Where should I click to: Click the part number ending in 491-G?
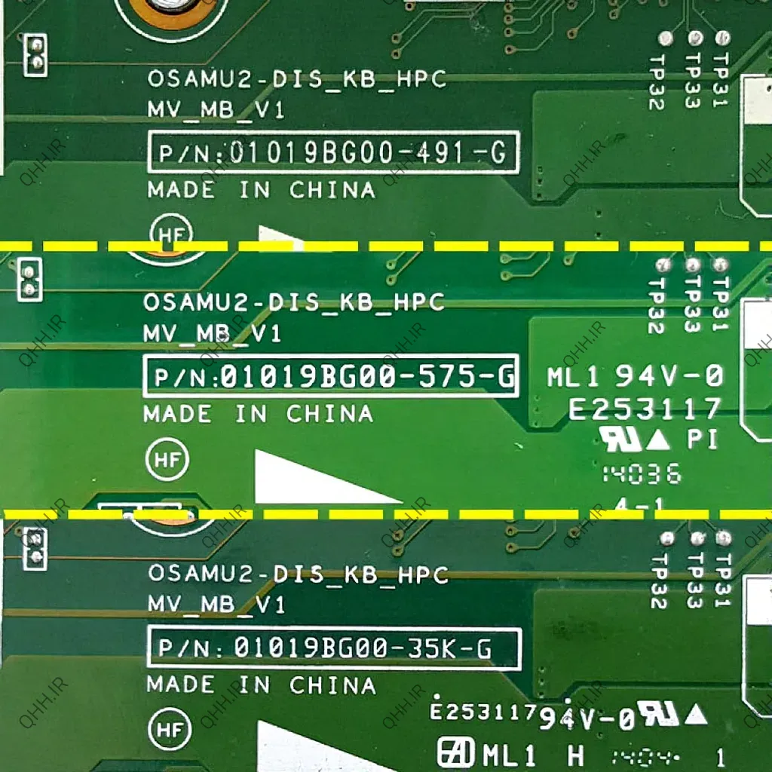[x=332, y=153]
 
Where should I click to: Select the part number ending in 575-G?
[x=330, y=375]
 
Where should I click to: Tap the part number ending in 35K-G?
[x=333, y=648]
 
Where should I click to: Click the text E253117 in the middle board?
[x=645, y=409]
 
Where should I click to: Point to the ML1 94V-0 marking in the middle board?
[x=635, y=375]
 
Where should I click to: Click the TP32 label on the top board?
[x=656, y=81]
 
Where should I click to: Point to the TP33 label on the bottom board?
[x=695, y=580]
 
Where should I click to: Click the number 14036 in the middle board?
[x=642, y=474]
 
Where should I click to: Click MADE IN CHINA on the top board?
[x=261, y=190]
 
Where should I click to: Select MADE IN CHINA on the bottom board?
[x=261, y=685]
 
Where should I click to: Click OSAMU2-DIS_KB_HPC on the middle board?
[x=294, y=302]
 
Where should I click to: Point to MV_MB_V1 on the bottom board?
[x=216, y=605]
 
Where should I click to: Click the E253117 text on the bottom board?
[x=482, y=710]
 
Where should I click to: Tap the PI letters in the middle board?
[x=702, y=439]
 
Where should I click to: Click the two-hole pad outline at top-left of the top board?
[x=35, y=54]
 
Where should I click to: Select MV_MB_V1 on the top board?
[x=216, y=110]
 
